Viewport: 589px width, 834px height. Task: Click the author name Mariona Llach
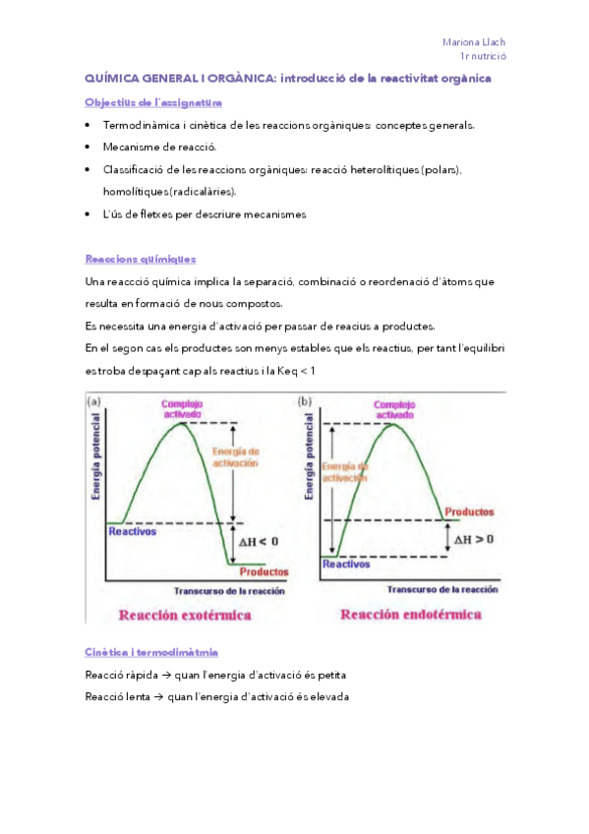(x=474, y=42)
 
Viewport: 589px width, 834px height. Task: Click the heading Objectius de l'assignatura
(x=153, y=102)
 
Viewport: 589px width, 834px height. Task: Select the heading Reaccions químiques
(x=141, y=259)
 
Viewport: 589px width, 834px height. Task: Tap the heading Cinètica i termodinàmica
(x=151, y=652)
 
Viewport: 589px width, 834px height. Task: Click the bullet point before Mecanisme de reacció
(x=88, y=148)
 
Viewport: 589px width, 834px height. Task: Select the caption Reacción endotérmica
(x=411, y=615)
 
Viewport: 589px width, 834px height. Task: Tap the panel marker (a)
(x=95, y=401)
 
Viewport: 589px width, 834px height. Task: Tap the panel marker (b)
(x=305, y=401)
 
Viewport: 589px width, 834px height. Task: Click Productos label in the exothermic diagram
(x=264, y=571)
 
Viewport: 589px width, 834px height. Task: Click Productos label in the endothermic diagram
(x=469, y=512)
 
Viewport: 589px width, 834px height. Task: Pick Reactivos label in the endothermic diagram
(x=346, y=565)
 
